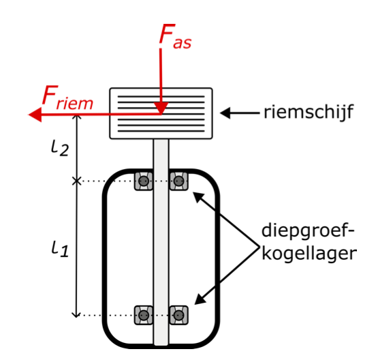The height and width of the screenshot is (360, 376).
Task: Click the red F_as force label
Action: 175,36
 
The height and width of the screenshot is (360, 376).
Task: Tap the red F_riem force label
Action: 67,97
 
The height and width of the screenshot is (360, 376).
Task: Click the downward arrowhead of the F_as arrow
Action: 161,108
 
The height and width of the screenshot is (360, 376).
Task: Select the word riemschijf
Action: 309,112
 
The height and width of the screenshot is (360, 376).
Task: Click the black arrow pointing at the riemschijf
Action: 240,112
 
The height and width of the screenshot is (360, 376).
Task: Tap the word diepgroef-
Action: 308,231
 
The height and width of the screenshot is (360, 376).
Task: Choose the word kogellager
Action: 309,254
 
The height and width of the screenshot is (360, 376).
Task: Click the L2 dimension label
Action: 60,148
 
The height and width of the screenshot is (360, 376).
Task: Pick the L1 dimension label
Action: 60,249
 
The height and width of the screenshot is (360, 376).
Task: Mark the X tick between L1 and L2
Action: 76,181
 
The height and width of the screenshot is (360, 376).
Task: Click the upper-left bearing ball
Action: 144,181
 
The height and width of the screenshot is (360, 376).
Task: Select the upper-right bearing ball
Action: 178,181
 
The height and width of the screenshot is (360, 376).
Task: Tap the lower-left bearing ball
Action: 144,315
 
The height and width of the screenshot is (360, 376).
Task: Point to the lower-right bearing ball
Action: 178,315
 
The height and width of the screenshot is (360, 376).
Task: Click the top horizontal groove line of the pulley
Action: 161,97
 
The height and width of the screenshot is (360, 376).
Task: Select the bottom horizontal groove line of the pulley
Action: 161,131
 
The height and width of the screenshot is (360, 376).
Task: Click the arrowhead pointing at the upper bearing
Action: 199,198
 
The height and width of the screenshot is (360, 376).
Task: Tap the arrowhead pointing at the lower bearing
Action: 200,299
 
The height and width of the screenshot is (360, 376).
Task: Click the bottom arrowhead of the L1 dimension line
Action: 76,315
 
